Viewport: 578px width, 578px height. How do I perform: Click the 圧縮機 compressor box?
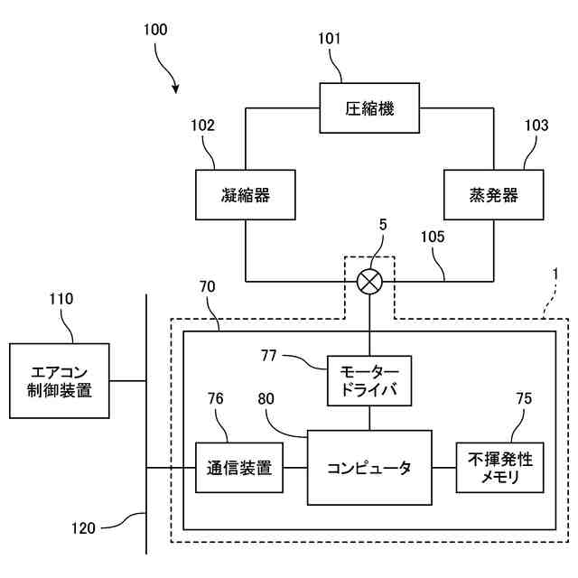(369, 108)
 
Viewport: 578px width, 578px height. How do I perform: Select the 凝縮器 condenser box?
(246, 195)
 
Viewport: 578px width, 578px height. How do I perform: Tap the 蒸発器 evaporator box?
(494, 195)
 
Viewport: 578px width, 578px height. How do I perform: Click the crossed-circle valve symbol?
(369, 282)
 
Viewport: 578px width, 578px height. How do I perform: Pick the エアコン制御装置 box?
(60, 381)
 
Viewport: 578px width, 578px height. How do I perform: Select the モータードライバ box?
(369, 381)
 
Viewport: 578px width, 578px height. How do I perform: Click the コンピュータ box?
(369, 468)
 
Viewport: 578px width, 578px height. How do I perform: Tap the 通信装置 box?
(239, 468)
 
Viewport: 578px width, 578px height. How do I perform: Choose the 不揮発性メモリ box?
(499, 468)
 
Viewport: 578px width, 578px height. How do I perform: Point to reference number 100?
(155, 30)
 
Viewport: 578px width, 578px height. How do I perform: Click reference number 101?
(329, 38)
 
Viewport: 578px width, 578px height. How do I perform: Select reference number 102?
(202, 126)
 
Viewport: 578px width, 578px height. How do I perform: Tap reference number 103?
(536, 126)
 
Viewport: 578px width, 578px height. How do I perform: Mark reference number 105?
(433, 237)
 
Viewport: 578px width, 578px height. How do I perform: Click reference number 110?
(61, 299)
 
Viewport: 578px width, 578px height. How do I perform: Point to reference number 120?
(83, 528)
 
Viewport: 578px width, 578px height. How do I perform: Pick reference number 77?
(268, 356)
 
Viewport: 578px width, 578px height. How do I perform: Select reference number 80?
(266, 398)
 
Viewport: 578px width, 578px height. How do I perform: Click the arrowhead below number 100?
(176, 89)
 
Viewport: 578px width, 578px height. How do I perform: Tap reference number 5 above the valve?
(383, 225)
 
